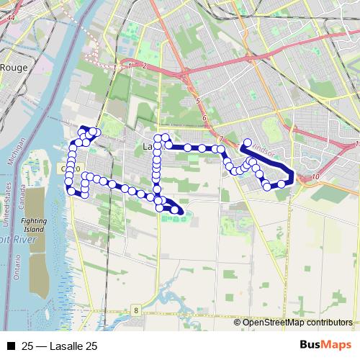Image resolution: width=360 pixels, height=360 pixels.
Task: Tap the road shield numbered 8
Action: pyautogui.click(x=135, y=310)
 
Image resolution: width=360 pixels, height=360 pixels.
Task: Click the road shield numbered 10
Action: pyautogui.click(x=317, y=177)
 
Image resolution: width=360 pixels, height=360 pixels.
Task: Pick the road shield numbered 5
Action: pyautogui.click(x=197, y=103)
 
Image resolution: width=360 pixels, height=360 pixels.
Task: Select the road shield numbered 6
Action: pyautogui.click(x=205, y=117)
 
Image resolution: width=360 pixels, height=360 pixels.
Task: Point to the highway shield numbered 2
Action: pyautogui.click(x=145, y=66)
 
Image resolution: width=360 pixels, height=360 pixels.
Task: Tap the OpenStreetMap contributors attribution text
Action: pyautogui.click(x=297, y=323)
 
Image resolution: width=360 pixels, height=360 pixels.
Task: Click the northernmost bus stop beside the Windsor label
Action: pyautogui.click(x=247, y=142)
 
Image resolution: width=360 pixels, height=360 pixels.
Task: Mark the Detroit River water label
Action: pyautogui.click(x=14, y=238)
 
